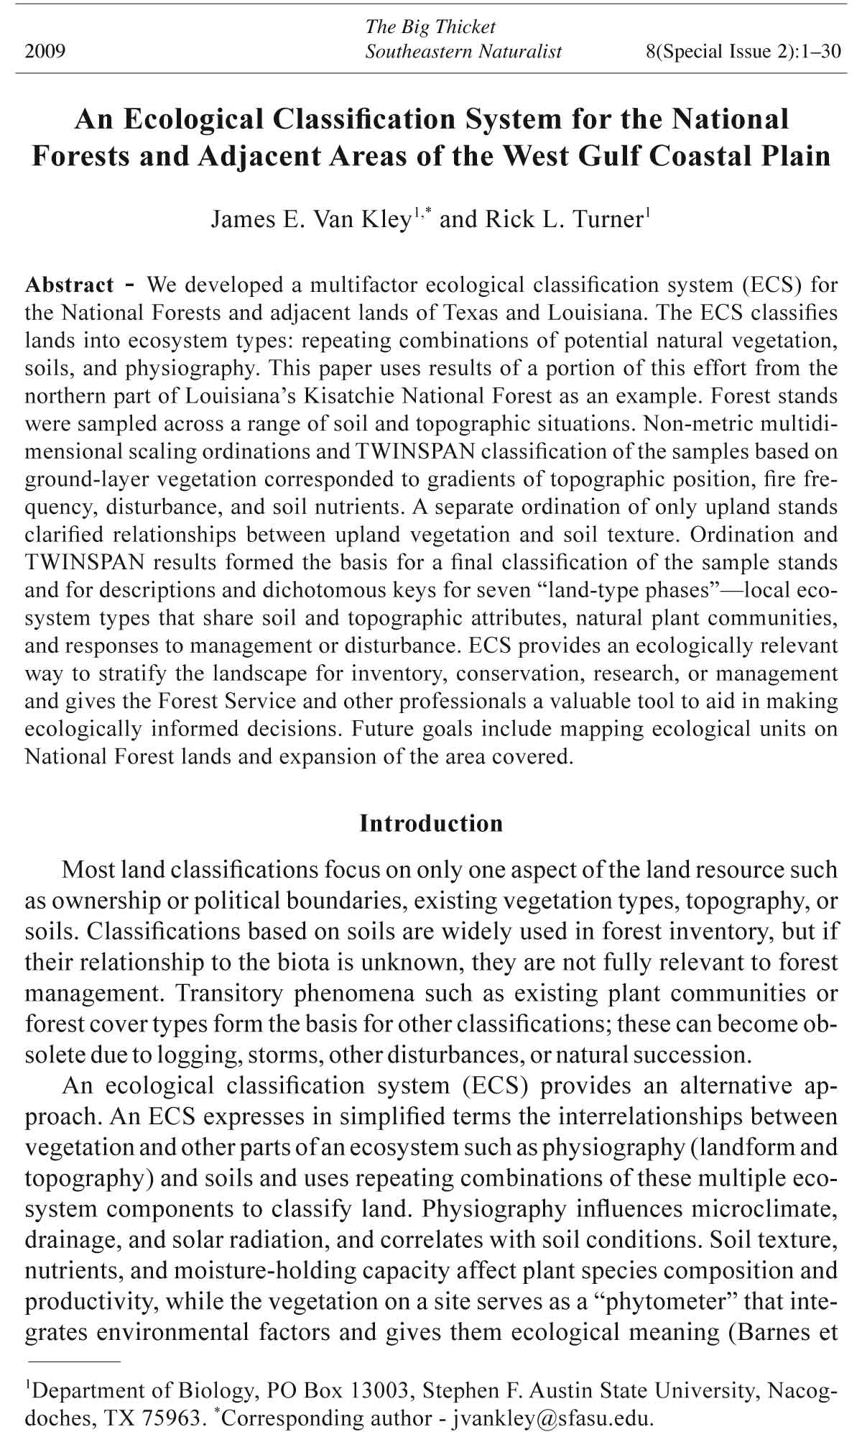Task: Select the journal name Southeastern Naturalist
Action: (x=463, y=52)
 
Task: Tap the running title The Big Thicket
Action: (x=430, y=27)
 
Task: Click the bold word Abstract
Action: (x=69, y=285)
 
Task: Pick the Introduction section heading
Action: (x=431, y=823)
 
